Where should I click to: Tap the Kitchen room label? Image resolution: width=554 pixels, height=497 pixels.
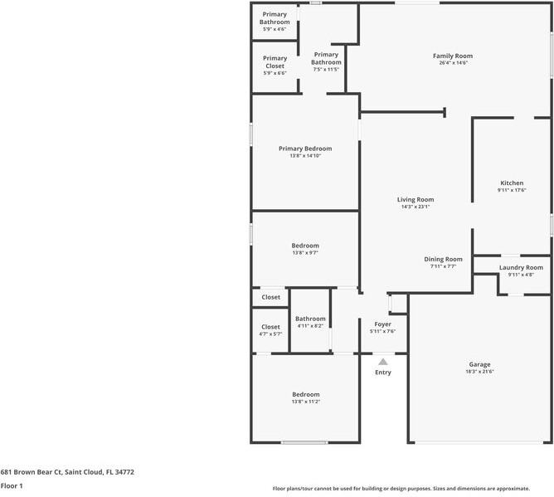click(x=512, y=183)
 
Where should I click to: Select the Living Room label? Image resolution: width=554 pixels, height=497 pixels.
click(x=415, y=199)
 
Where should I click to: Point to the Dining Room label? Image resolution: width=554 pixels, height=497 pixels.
click(x=443, y=259)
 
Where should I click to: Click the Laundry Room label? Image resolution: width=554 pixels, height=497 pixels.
click(x=521, y=267)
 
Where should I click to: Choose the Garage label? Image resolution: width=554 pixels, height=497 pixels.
click(x=479, y=364)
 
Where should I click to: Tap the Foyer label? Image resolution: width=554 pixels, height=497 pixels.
click(x=382, y=324)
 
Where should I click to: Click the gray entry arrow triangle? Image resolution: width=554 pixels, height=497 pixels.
click(x=383, y=362)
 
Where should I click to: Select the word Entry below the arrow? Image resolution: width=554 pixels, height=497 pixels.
click(x=383, y=373)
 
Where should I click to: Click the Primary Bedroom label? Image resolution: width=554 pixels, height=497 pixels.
click(x=305, y=149)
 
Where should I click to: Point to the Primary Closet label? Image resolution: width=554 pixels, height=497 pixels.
click(x=275, y=62)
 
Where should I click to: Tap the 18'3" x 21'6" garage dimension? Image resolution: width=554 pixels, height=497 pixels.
click(x=479, y=372)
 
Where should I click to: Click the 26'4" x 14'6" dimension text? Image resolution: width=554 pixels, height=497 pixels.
click(x=454, y=63)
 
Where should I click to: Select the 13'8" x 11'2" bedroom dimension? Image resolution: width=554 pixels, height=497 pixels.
click(x=305, y=402)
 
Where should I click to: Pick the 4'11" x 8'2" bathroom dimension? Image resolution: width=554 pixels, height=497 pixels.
click(x=310, y=326)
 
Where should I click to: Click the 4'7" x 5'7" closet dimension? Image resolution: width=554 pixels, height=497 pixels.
click(x=270, y=334)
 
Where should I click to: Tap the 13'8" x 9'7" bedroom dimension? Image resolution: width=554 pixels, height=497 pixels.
click(x=305, y=253)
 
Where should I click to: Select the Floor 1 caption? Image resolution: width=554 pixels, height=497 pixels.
click(x=12, y=485)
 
